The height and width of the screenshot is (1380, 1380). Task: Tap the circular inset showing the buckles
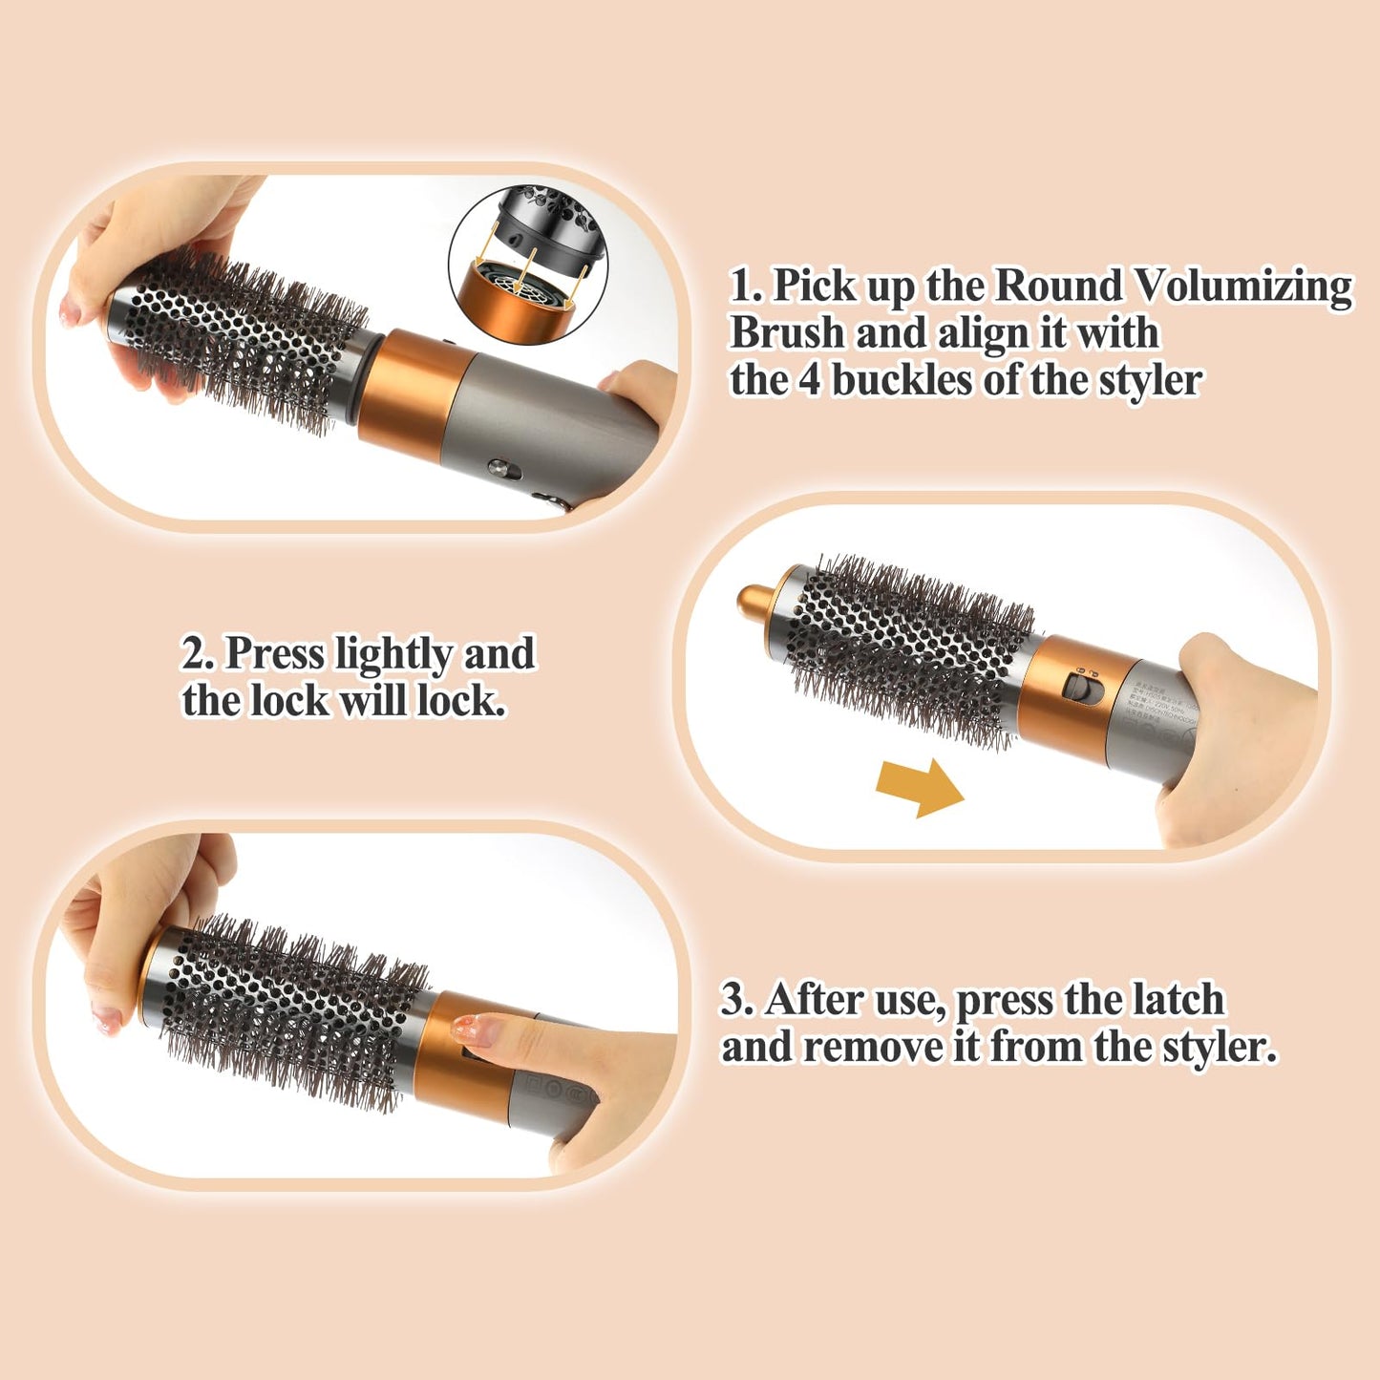[528, 255]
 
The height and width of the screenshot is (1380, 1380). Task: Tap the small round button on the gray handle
[499, 468]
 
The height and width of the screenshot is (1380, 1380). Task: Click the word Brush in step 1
[787, 333]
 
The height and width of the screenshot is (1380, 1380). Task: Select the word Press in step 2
[274, 655]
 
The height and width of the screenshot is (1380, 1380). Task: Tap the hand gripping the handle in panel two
[1237, 735]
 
